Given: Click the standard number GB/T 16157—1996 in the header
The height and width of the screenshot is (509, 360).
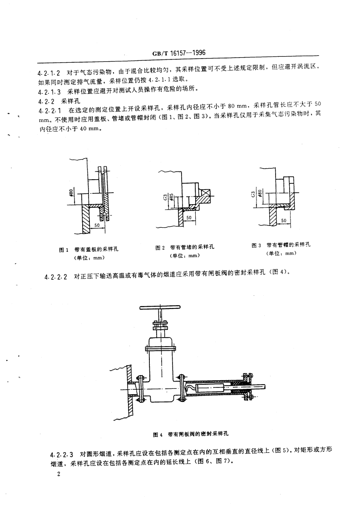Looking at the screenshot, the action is point(180,53).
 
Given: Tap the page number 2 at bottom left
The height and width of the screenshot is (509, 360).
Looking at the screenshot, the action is point(57,474).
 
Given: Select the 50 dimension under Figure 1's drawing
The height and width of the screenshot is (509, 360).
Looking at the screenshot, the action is point(97,224).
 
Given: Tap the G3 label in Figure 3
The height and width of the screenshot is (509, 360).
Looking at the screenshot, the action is point(252,196).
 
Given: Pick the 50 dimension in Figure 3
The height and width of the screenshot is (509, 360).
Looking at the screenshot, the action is point(283,220).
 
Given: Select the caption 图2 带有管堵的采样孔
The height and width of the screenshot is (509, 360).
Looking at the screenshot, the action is point(185,247).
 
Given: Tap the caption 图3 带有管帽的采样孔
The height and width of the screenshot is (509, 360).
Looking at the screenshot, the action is point(281,245).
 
